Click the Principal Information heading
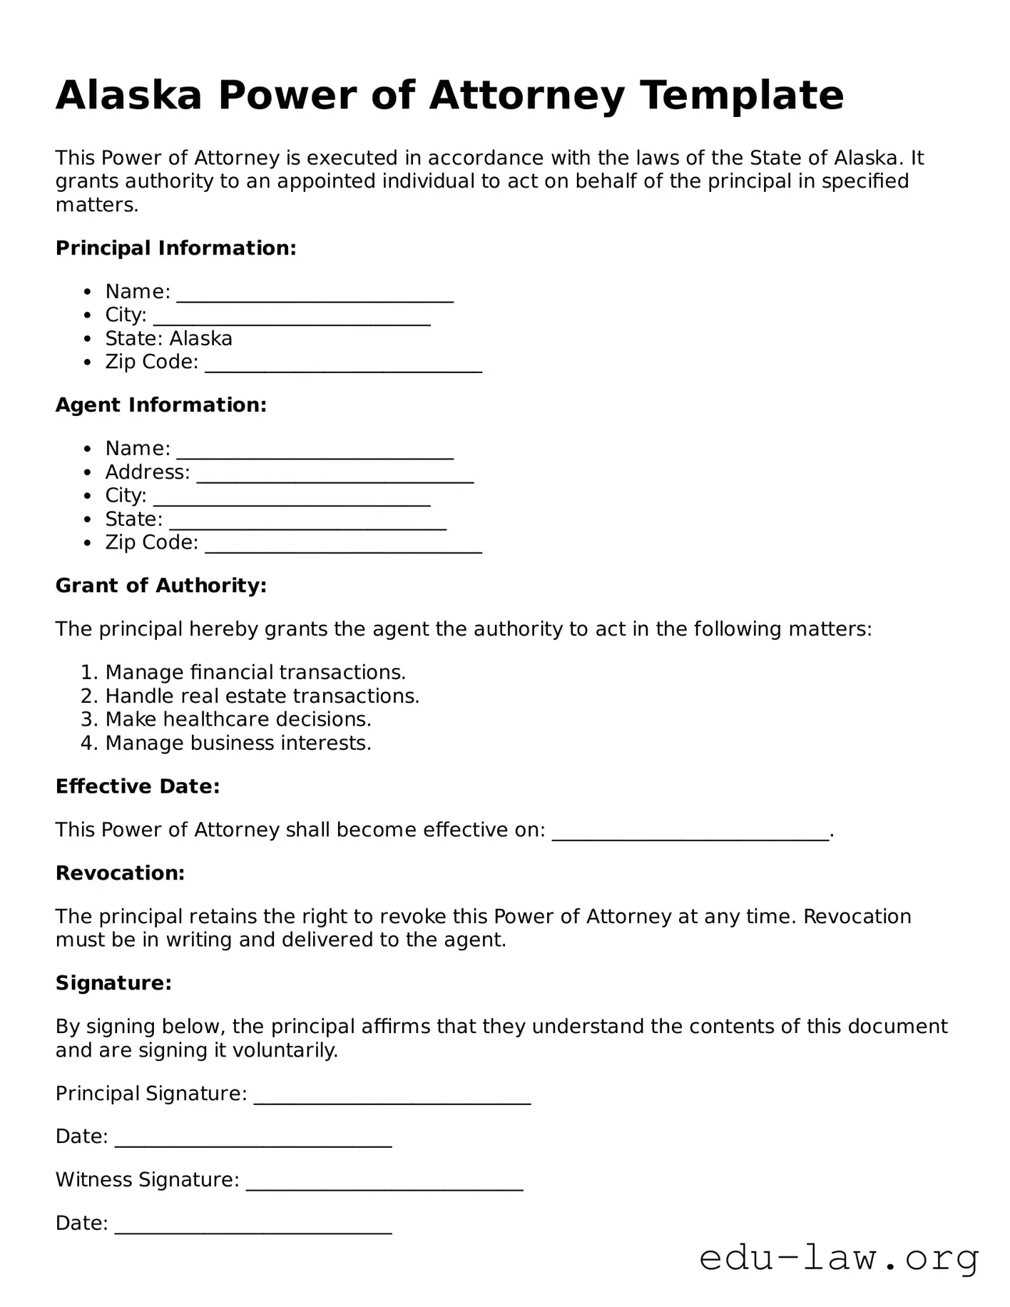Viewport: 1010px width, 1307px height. (x=175, y=248)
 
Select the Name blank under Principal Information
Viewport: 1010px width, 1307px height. (x=315, y=294)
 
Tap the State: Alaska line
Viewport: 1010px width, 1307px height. (x=169, y=338)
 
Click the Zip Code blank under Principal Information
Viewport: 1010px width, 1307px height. (x=343, y=365)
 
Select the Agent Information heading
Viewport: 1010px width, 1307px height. (x=161, y=405)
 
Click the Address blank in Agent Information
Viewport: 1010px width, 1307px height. (x=335, y=474)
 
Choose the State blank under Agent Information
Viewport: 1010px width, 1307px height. (x=307, y=522)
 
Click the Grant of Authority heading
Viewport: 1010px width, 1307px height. (x=161, y=586)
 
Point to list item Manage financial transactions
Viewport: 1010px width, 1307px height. (x=255, y=672)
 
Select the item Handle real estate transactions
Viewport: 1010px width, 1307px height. (x=262, y=696)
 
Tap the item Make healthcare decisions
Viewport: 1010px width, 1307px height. (x=238, y=719)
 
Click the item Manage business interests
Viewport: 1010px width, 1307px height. (x=238, y=743)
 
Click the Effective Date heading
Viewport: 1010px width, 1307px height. (x=138, y=786)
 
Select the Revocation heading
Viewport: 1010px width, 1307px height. (x=120, y=873)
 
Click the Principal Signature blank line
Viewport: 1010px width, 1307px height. (x=392, y=1096)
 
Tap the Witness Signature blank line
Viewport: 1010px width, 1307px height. (x=384, y=1182)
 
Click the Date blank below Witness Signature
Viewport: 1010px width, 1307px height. (x=252, y=1226)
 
